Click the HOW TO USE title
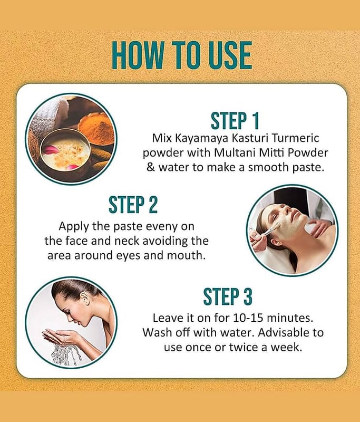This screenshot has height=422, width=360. pyautogui.click(x=182, y=55)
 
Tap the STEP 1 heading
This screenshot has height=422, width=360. pyautogui.click(x=235, y=121)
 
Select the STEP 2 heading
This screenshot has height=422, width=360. pyautogui.click(x=133, y=205)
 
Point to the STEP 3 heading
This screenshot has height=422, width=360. pyautogui.click(x=228, y=296)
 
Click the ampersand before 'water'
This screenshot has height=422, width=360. pyautogui.click(x=151, y=167)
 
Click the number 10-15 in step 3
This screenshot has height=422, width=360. pyautogui.click(x=248, y=318)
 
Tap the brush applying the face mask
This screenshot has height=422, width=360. pyautogui.click(x=266, y=231)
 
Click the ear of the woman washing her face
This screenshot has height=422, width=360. pyautogui.click(x=85, y=299)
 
